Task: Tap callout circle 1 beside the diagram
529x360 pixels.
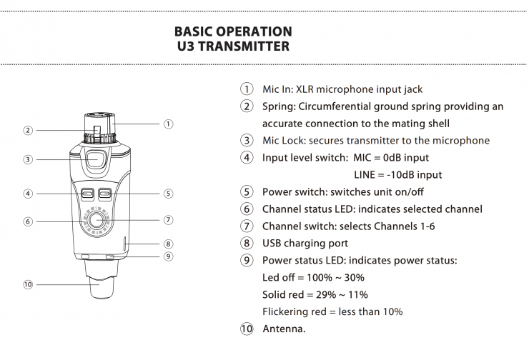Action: click(x=168, y=124)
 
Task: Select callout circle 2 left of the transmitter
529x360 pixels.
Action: click(x=28, y=130)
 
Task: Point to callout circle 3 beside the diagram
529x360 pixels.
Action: click(x=28, y=159)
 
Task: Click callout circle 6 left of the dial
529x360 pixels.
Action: click(x=28, y=221)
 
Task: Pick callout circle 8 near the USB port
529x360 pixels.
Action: click(x=168, y=244)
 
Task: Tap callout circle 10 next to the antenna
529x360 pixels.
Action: click(x=28, y=284)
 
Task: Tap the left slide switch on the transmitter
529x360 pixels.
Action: click(x=88, y=193)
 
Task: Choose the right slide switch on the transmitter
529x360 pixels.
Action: click(x=106, y=193)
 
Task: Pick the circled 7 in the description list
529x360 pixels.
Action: click(x=247, y=226)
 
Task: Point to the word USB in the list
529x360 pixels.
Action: click(x=272, y=244)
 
